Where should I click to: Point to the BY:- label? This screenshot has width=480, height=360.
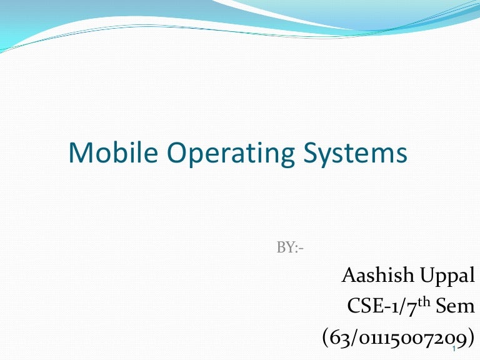tap(290, 247)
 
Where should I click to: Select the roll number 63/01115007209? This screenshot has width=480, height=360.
tap(396, 338)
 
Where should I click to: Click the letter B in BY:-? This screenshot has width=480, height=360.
tap(281, 247)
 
